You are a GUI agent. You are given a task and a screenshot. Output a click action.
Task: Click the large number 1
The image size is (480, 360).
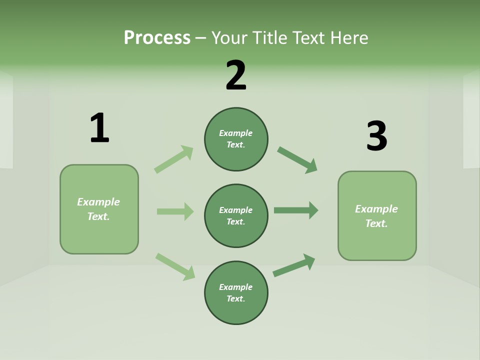pyautogui.click(x=99, y=128)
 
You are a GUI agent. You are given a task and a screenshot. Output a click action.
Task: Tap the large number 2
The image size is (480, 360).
pyautogui.click(x=236, y=75)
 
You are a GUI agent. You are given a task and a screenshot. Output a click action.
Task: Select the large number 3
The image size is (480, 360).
pyautogui.click(x=376, y=136)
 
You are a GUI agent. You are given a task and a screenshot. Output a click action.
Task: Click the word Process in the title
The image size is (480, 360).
pyautogui.click(x=157, y=37)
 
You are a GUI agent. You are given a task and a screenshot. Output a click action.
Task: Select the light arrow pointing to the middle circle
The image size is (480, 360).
pyautogui.click(x=175, y=211)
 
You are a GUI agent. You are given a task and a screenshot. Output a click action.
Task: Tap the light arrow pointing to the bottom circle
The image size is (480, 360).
pyautogui.click(x=175, y=266)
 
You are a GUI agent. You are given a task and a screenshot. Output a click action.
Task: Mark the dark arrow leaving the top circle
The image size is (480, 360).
pyautogui.click(x=297, y=160)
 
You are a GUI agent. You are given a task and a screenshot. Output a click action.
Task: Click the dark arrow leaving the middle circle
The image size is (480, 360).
pyautogui.click(x=296, y=210)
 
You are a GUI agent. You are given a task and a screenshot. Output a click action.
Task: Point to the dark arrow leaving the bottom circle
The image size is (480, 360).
pyautogui.click(x=294, y=265)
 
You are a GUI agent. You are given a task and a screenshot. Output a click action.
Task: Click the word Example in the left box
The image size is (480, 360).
pyautogui.click(x=98, y=202)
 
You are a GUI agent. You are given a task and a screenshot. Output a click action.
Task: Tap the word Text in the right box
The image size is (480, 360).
pyautogui.click(x=376, y=223)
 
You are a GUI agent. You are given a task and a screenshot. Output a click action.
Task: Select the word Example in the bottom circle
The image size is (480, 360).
pyautogui.click(x=235, y=287)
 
